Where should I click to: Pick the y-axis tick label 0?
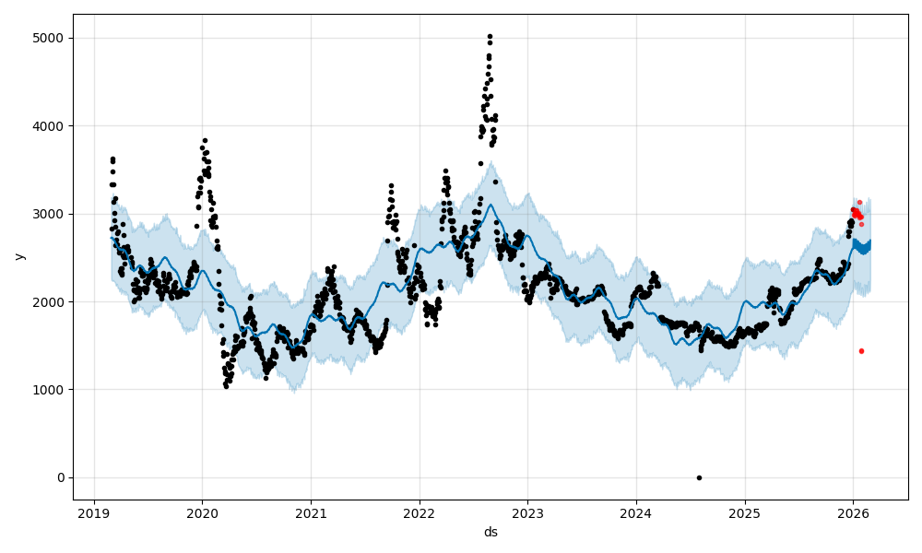(61, 477)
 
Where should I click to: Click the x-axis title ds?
(491, 532)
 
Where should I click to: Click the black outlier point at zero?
(699, 477)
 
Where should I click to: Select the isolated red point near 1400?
(861, 351)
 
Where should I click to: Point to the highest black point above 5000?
(490, 36)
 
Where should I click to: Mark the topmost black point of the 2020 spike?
(205, 141)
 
